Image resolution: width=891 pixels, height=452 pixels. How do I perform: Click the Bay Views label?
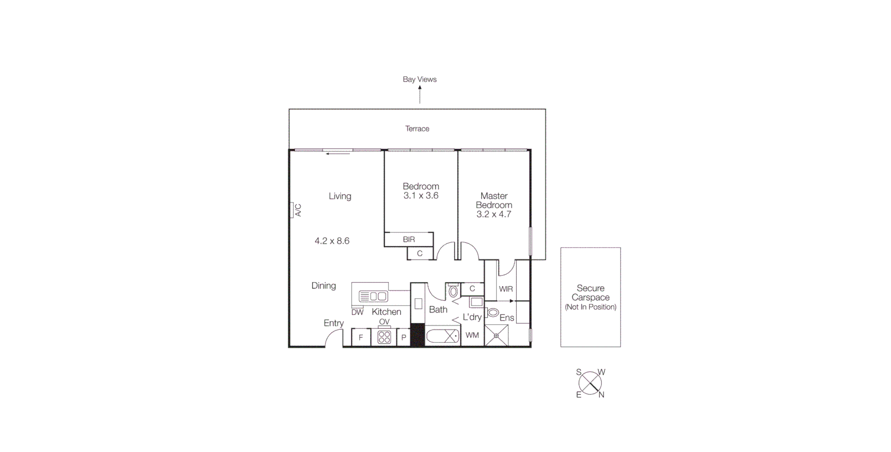[x=420, y=79]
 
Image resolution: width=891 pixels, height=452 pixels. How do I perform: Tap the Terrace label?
[x=417, y=129]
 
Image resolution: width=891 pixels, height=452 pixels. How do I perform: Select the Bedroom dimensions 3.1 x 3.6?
[x=421, y=196]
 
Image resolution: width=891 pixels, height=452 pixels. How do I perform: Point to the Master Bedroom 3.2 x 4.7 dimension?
[x=494, y=214]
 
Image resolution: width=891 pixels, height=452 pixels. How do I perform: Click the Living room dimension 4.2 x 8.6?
[x=332, y=241]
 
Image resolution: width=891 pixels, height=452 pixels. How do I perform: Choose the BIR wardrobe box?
[x=409, y=239]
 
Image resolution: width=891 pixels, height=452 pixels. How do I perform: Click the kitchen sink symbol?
[x=373, y=296]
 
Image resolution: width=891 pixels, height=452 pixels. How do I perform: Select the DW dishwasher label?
[x=357, y=312]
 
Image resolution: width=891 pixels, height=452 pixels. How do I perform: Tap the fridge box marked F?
[x=361, y=338]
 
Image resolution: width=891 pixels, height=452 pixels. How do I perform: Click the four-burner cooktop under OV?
[x=384, y=337]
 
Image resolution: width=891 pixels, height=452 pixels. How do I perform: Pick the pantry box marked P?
[x=403, y=338]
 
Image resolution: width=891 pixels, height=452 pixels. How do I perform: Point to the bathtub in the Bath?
[x=443, y=336]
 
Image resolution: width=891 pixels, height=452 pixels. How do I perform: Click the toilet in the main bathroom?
[x=453, y=291]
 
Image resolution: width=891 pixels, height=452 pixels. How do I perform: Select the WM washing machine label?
[x=472, y=335]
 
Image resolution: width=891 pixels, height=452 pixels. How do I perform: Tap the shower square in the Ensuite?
[x=496, y=335]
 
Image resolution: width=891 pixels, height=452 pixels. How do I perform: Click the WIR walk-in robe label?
[x=506, y=289]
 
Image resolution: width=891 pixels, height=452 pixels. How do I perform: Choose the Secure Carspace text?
[x=590, y=293]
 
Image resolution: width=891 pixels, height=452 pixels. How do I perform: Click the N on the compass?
[x=601, y=395]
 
